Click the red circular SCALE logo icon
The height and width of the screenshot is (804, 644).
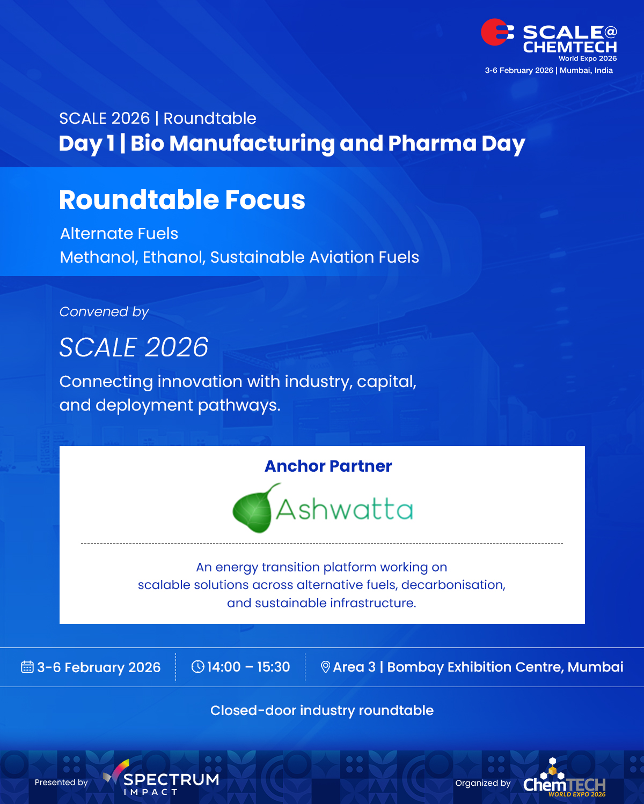tap(497, 32)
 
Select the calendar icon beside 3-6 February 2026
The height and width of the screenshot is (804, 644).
tap(27, 667)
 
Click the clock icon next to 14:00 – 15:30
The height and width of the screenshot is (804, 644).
tap(197, 666)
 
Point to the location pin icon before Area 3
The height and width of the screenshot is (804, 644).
tap(325, 667)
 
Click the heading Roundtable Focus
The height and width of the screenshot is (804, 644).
tap(182, 200)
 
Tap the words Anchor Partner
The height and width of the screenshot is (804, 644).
tap(328, 466)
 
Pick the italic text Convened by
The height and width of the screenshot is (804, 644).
tap(104, 311)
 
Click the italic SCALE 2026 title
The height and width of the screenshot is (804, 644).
tap(134, 347)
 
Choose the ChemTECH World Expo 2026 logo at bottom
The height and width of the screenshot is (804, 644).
tap(564, 778)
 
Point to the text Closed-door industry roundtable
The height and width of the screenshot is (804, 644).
tap(322, 710)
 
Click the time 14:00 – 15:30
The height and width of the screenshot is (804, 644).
tap(248, 667)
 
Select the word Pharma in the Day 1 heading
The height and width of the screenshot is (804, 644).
tap(432, 143)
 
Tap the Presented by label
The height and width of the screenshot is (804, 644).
tap(61, 783)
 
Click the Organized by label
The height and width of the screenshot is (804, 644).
tap(482, 783)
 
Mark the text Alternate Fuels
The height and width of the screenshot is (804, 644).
tap(119, 234)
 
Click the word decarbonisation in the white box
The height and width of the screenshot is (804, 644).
tap(453, 585)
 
